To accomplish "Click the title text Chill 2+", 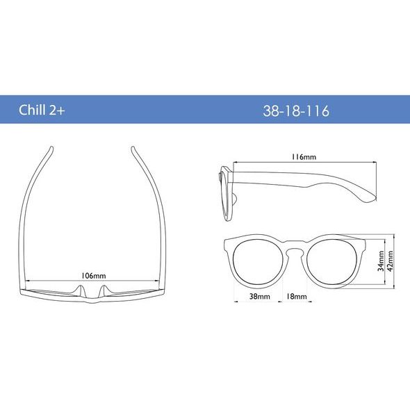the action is coord(42,110).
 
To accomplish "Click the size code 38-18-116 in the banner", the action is coord(296,111).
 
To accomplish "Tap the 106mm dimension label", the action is coord(93,276).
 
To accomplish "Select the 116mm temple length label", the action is coord(304,157).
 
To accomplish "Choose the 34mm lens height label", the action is coord(381,261).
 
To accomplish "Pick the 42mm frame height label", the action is coord(390,261).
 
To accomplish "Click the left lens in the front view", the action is coord(258,261).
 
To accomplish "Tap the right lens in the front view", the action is coord(332,261).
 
